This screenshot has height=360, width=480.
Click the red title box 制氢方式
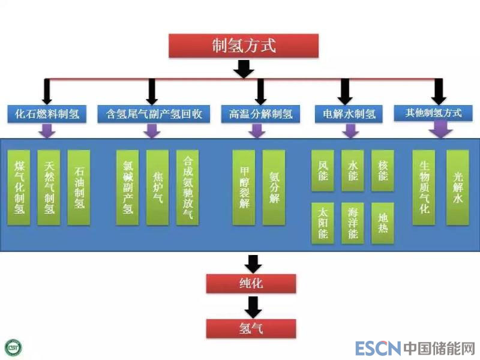pos(244,46)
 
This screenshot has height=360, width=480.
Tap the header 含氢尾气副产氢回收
pos(154,113)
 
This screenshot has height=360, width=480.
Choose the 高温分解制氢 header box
pos(260,113)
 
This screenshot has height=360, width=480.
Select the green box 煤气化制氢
pos(19,187)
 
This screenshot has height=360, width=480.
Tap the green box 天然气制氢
pos(49,187)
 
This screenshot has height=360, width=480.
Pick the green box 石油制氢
pos(79,187)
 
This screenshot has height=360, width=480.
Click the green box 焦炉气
pos(158,187)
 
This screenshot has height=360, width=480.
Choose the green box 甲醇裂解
pos(244,187)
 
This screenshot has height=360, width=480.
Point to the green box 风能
pos(323,170)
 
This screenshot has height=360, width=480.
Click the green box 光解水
pos(458,187)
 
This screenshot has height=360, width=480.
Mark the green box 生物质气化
pos(424,187)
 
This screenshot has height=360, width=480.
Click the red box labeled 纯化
pos(251,283)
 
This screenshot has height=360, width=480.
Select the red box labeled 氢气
pos(251,328)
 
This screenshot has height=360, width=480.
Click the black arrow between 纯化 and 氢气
pos(253,307)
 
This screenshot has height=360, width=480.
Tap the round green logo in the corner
pos(13,347)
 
